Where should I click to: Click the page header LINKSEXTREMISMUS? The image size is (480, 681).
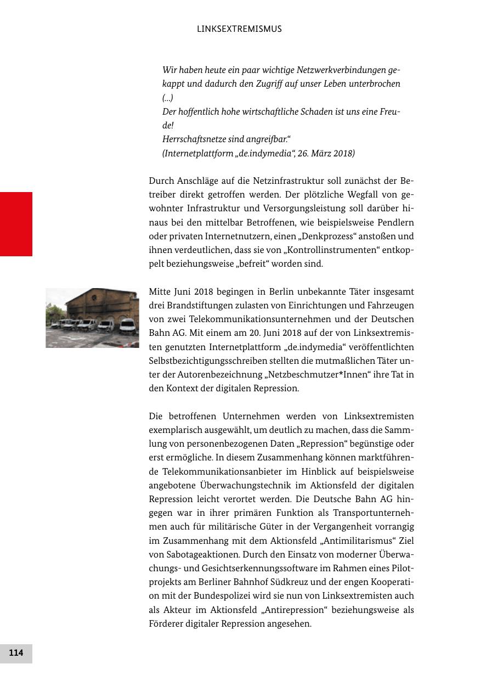point(239,29)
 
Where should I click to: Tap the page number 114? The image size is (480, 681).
point(16,653)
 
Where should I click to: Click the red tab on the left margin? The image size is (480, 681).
point(16,224)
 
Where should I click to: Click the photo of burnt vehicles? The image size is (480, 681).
point(92,318)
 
